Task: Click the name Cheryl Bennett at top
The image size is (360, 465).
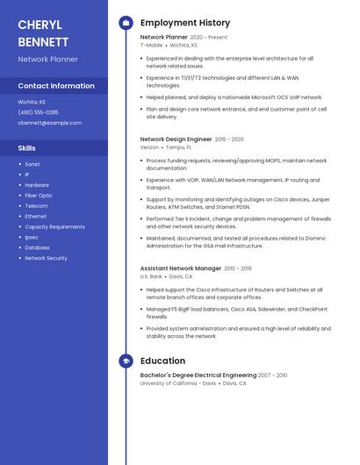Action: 44,32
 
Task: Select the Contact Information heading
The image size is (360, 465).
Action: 56,86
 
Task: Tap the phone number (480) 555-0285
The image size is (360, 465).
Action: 38,112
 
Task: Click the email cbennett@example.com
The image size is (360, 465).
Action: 49,123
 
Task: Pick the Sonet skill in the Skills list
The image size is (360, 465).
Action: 32,164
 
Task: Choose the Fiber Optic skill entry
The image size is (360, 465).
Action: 38,196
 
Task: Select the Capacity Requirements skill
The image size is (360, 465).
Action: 54,226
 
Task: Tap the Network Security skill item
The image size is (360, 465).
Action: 46,258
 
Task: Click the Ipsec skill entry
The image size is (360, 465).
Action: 32,237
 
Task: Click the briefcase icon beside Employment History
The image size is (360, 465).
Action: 126,23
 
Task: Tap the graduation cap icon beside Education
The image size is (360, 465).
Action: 126,361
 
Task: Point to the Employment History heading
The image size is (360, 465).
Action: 184,23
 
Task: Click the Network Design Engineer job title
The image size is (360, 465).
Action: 176,139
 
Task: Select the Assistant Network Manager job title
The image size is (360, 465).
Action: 181,268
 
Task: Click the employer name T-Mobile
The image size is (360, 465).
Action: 151,45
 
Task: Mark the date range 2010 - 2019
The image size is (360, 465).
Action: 238,268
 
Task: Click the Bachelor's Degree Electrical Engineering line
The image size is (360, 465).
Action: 198,375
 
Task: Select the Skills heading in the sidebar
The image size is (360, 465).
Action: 27,148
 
